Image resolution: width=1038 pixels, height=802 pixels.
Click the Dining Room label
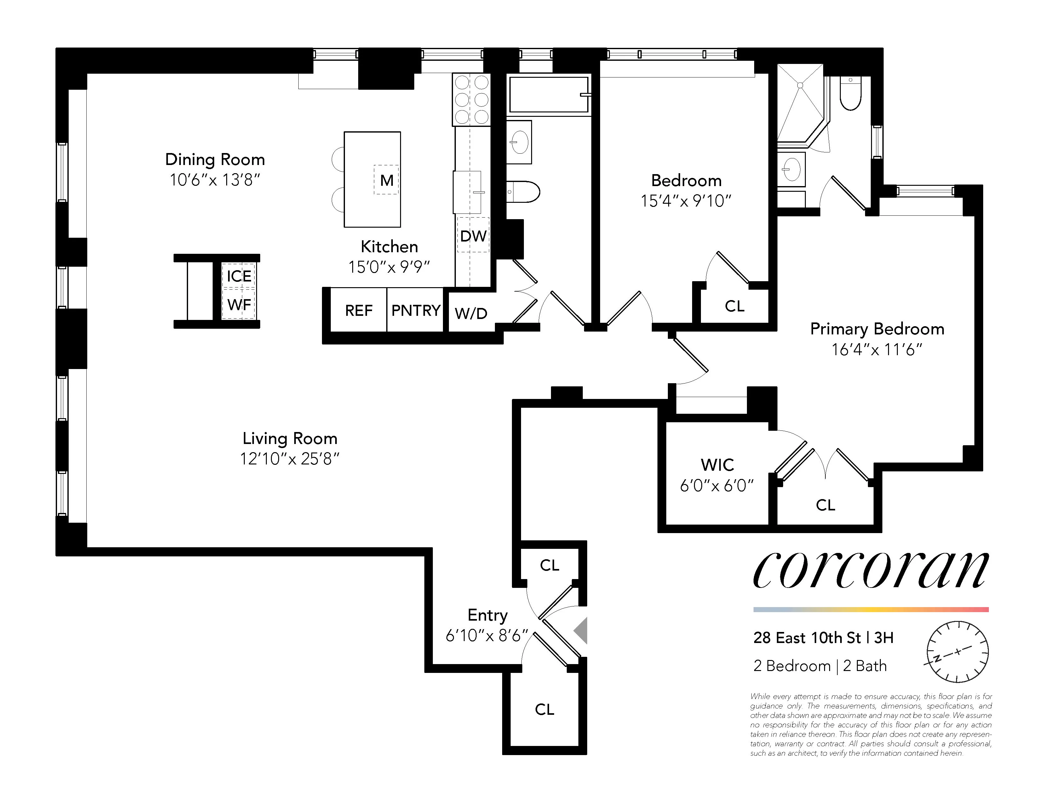215,160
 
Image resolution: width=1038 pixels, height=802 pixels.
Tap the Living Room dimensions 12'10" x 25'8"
290,459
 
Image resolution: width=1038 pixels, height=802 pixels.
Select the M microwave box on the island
386,180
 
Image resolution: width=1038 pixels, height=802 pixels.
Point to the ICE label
238,276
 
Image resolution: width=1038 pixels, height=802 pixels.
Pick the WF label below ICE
238,304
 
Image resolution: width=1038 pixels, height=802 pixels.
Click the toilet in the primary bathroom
850,94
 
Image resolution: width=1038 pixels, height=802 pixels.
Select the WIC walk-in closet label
717,465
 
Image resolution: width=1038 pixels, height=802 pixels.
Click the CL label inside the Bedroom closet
734,306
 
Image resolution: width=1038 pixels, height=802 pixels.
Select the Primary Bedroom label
877,329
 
